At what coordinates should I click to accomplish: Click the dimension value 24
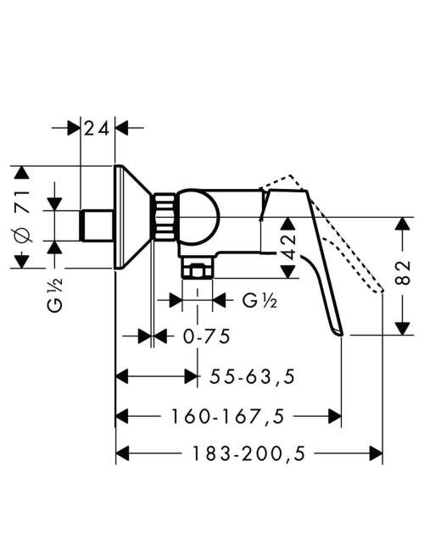point(97,129)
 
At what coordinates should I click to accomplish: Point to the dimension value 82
point(403,273)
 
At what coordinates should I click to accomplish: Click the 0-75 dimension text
point(207,336)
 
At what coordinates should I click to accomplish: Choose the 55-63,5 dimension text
point(252,376)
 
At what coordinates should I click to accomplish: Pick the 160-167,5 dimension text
point(228,416)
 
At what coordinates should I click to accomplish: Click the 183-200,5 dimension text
point(248,453)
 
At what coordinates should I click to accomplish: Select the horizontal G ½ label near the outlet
point(259,301)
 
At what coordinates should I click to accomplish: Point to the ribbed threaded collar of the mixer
point(164,216)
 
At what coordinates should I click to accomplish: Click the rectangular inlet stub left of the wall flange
point(97,225)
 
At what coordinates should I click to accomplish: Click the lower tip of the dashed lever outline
point(382,291)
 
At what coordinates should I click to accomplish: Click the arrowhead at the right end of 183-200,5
point(377,453)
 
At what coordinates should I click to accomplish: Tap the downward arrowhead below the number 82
point(403,328)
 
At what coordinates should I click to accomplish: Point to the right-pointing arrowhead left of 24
point(74,128)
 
